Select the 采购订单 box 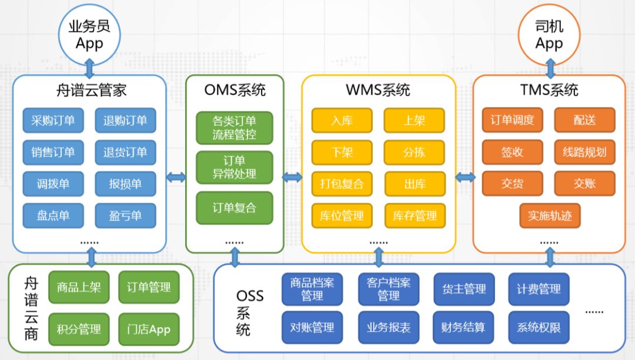pyautogui.click(x=53, y=121)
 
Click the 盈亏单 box pyautogui.click(x=125, y=215)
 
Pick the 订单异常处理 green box pyautogui.click(x=235, y=168)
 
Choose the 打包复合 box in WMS pyautogui.click(x=342, y=184)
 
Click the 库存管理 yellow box pyautogui.click(x=415, y=216)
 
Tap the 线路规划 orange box pyautogui.click(x=584, y=152)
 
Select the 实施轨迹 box pyautogui.click(x=550, y=215)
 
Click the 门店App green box pyautogui.click(x=148, y=329)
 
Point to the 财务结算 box pyautogui.click(x=463, y=328)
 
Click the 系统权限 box pyautogui.click(x=539, y=328)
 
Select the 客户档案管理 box pyautogui.click(x=389, y=289)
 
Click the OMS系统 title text pyautogui.click(x=235, y=90)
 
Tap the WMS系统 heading pyautogui.click(x=379, y=90)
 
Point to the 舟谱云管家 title pyautogui.click(x=89, y=90)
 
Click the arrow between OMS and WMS pyautogui.click(x=292, y=177)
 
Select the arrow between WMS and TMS pyautogui.click(x=464, y=177)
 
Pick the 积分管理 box pyautogui.click(x=79, y=329)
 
